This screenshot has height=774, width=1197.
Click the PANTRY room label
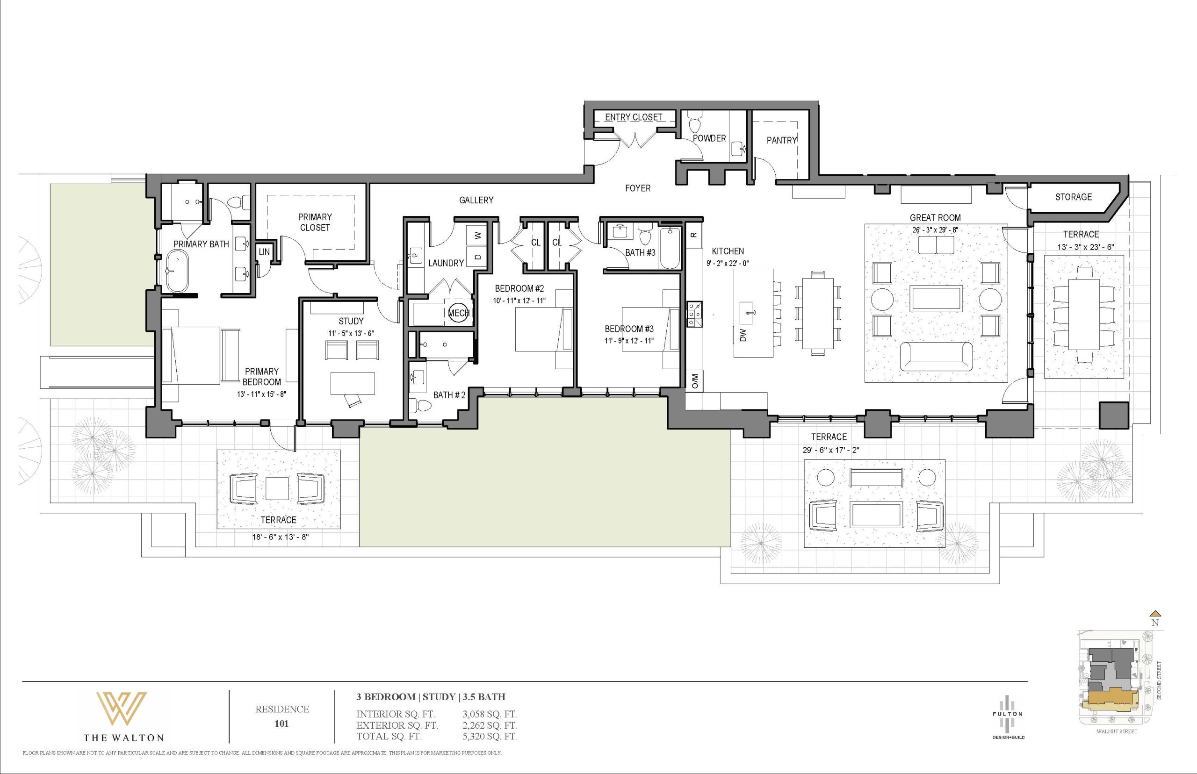[x=782, y=140]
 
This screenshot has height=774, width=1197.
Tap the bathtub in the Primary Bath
[x=176, y=272]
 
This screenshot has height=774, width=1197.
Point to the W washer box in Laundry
[x=477, y=235]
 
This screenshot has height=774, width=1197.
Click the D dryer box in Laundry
[x=477, y=256]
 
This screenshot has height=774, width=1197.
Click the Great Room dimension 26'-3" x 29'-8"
[x=935, y=229]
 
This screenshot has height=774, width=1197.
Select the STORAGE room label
[x=1074, y=197]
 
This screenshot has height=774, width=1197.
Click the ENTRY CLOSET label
[x=634, y=117]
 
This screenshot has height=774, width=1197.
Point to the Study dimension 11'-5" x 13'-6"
[x=351, y=333]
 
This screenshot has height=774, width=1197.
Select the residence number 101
[x=281, y=724]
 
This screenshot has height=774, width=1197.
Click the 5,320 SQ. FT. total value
[x=490, y=736]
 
